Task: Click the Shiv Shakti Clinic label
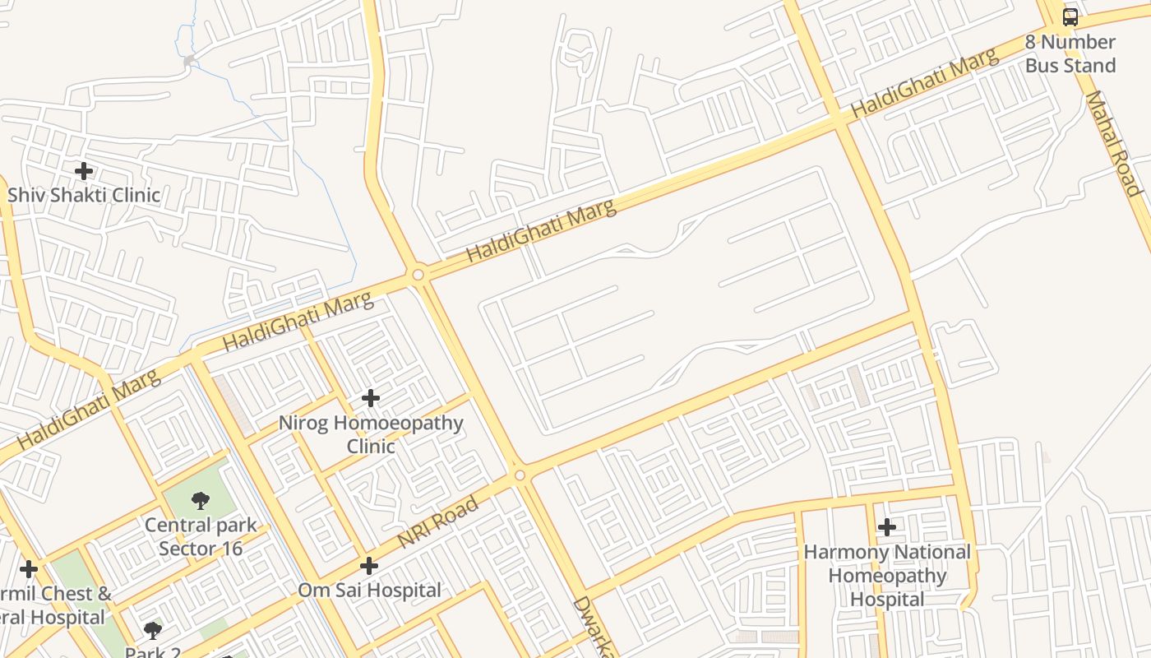[84, 195]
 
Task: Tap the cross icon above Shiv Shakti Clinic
[83, 171]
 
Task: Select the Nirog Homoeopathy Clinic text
[371, 434]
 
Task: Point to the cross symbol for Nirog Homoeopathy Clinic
[371, 398]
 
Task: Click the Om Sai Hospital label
[369, 590]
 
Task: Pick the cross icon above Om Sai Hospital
[369, 566]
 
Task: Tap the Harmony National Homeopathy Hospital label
[887, 576]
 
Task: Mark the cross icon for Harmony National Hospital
[887, 526]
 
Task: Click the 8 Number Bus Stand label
[1070, 53]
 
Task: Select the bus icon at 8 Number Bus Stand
[1070, 16]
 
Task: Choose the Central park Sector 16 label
[201, 536]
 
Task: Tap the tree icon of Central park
[200, 501]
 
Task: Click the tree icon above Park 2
[152, 631]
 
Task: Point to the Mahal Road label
[1114, 143]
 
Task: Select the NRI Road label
[437, 523]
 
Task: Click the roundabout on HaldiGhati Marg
[418, 275]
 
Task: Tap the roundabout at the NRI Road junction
[519, 475]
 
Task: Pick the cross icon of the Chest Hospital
[29, 569]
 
